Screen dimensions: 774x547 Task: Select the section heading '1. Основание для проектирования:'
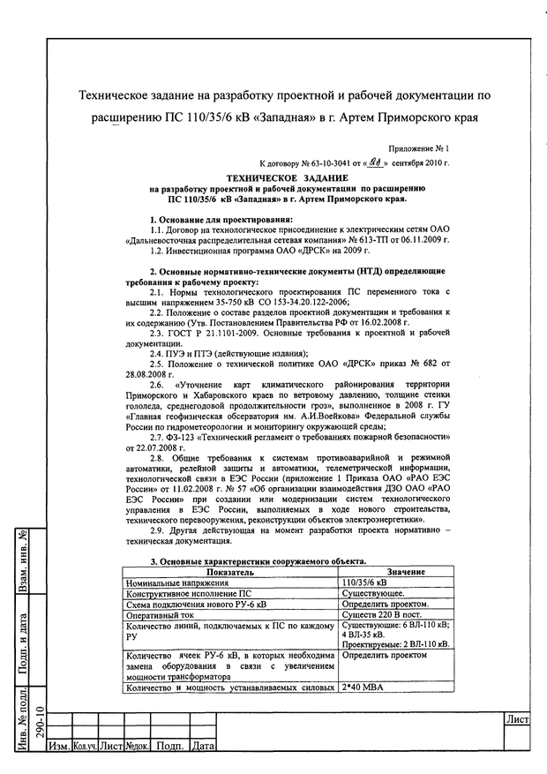220,218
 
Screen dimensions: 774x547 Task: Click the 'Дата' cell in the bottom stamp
203,747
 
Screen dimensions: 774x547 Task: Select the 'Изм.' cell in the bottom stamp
60,747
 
